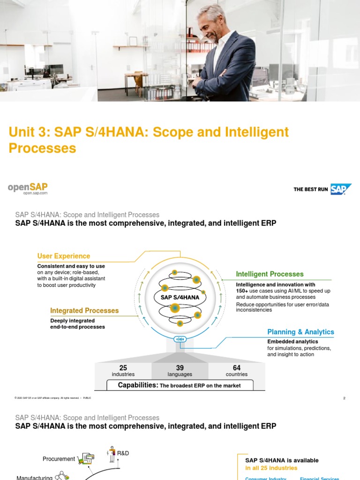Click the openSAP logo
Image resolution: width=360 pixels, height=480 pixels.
click(28, 188)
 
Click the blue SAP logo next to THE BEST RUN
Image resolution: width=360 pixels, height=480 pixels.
click(341, 189)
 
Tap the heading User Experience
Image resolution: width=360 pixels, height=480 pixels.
click(64, 256)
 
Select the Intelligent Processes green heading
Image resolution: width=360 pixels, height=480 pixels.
click(270, 274)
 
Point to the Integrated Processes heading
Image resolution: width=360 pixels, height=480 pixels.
click(84, 311)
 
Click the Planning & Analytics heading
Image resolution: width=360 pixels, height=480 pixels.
click(300, 332)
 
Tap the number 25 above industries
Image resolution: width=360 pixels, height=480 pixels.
click(123, 368)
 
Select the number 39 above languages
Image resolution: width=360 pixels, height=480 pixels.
click(180, 368)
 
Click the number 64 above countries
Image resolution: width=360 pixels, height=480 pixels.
click(237, 368)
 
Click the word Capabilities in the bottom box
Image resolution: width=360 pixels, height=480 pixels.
click(138, 385)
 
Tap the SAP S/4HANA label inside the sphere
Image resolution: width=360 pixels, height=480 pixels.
click(180, 297)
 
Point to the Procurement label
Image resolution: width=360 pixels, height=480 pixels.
click(59, 459)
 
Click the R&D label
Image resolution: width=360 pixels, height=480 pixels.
click(123, 453)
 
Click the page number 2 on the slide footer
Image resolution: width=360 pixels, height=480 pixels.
click(344, 398)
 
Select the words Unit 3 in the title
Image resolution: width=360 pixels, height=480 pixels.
click(29, 132)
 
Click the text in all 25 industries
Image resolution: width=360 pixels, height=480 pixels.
click(271, 468)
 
